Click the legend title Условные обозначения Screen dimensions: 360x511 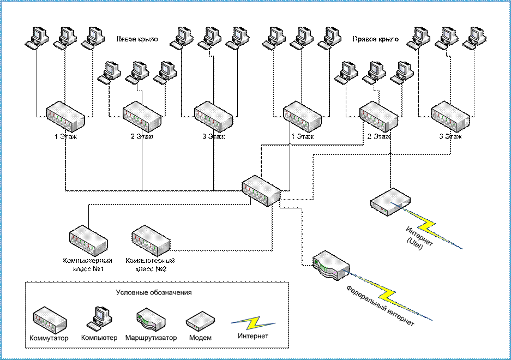pos(154,292)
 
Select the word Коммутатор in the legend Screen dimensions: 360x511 pos(49,338)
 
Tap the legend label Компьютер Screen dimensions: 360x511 pos(99,338)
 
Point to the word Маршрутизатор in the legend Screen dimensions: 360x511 pos(151,338)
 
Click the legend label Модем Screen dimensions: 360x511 pos(200,338)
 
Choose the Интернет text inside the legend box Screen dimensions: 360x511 pos(253,336)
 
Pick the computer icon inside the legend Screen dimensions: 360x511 pos(99,318)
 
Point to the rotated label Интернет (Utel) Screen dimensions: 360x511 pos(419,239)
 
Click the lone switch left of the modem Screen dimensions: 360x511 pos(261,191)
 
